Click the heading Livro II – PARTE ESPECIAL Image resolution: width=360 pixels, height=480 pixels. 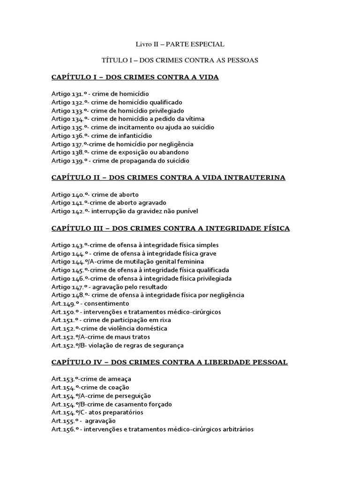coord(180,44)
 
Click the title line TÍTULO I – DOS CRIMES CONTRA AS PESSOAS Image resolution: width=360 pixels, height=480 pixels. coord(180,60)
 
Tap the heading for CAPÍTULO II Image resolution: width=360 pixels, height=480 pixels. coord(168,178)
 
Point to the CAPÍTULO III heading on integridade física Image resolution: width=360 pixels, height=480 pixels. coord(171,228)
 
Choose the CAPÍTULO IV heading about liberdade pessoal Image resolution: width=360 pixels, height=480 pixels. coord(170,362)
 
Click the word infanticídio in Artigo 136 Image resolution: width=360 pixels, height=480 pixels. coord(135,136)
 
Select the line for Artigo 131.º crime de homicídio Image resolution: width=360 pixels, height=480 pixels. coord(100,94)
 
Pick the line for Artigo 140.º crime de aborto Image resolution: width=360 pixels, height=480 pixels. coord(95,195)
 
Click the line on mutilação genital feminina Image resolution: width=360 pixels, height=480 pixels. coord(127,262)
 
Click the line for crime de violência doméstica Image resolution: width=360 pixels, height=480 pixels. coord(109,329)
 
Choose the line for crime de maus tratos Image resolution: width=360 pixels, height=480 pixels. coord(101,337)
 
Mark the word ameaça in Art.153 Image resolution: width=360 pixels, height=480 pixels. coord(120,379)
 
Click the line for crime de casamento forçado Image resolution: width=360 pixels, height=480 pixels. coord(112,404)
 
